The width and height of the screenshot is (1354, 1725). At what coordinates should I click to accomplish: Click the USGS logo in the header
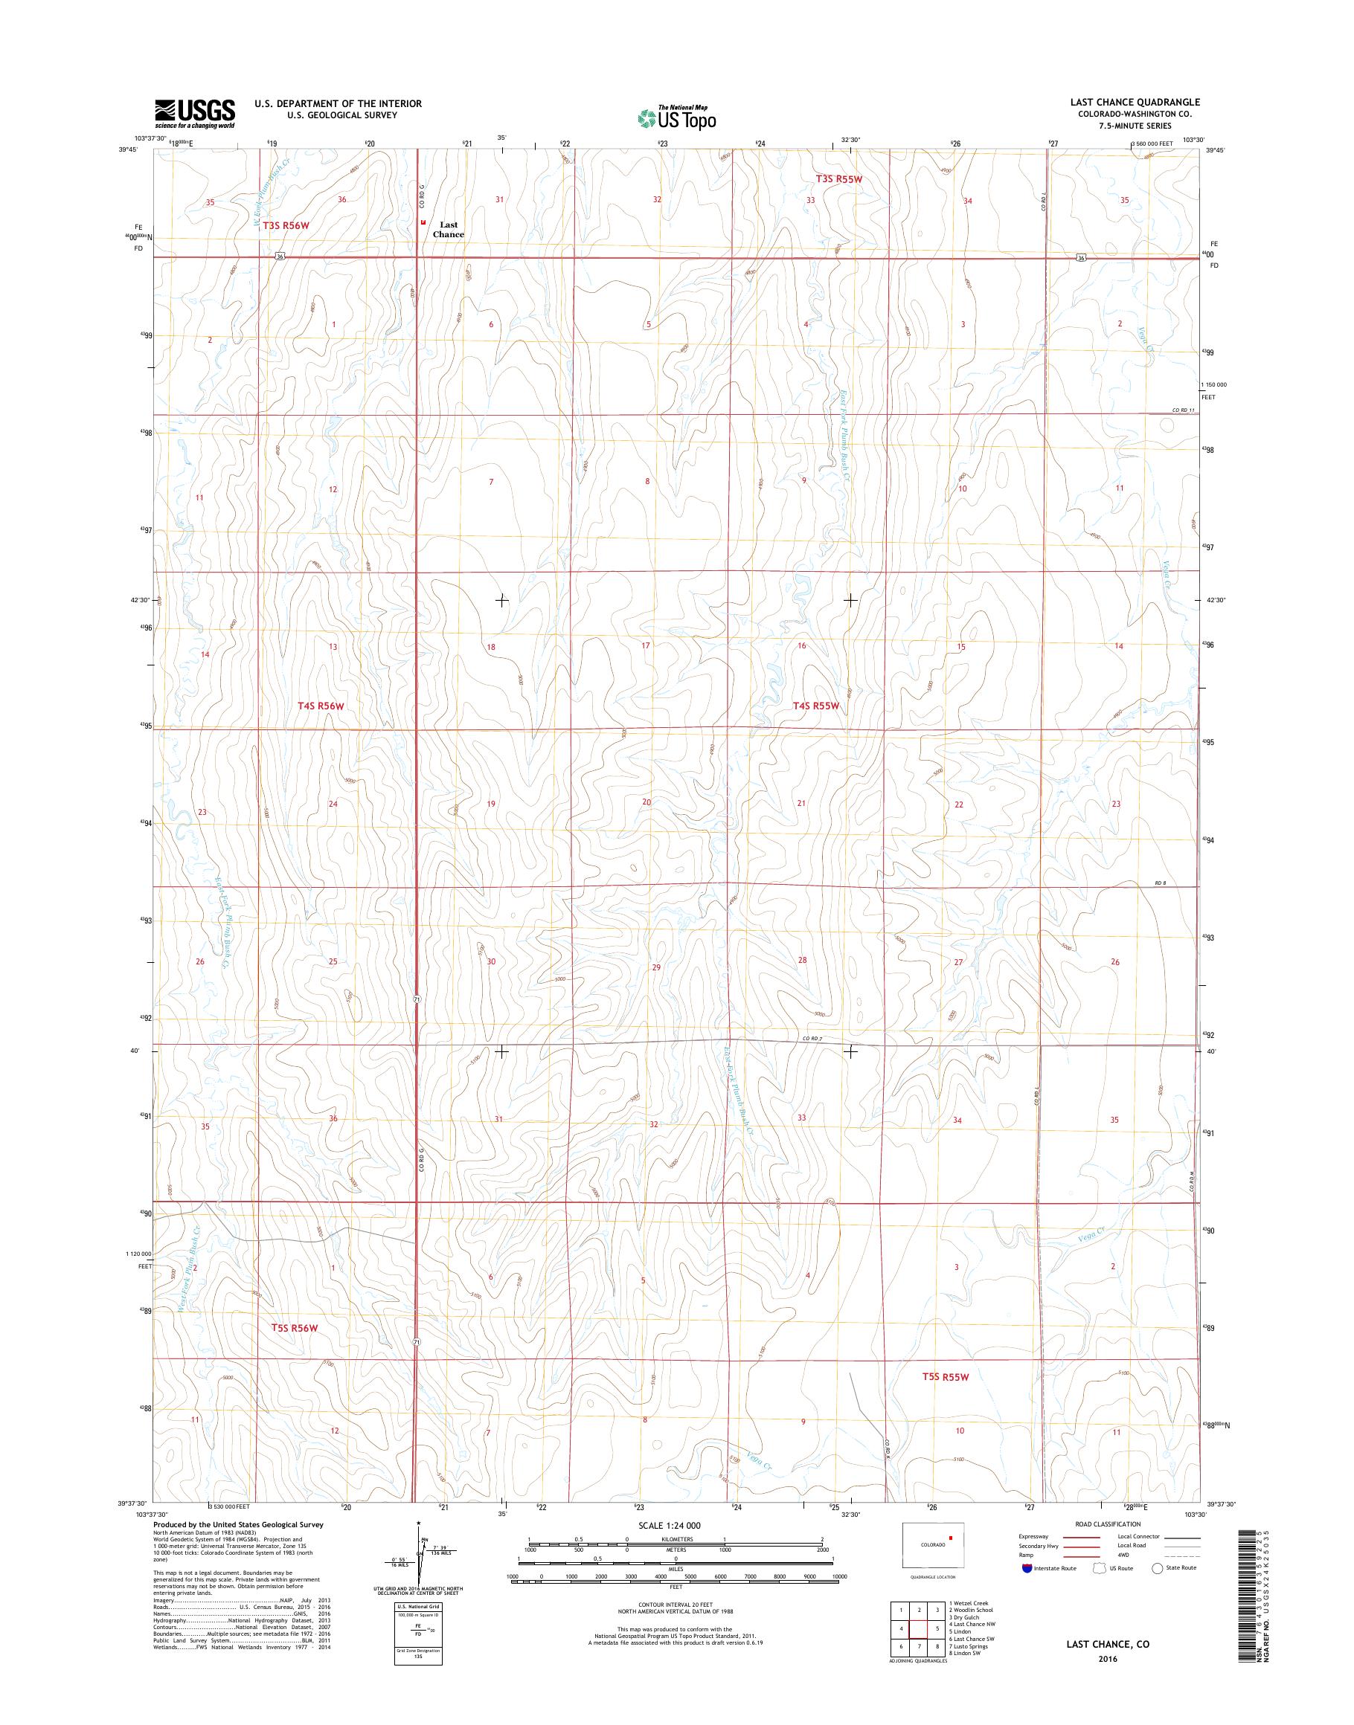tap(195, 113)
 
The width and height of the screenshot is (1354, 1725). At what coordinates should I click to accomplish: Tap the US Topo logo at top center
tap(677, 117)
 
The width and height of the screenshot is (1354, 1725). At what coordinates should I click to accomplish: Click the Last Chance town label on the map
tap(448, 230)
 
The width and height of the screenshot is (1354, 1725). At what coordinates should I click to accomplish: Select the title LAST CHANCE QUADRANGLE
tap(1138, 102)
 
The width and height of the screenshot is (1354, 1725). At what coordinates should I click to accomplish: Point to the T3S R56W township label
tap(285, 226)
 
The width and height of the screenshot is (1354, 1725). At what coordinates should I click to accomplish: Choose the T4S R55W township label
tap(815, 705)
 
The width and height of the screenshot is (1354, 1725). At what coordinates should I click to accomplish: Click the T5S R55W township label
tap(946, 1377)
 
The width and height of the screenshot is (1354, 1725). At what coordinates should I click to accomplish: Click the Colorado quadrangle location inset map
tap(933, 1544)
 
